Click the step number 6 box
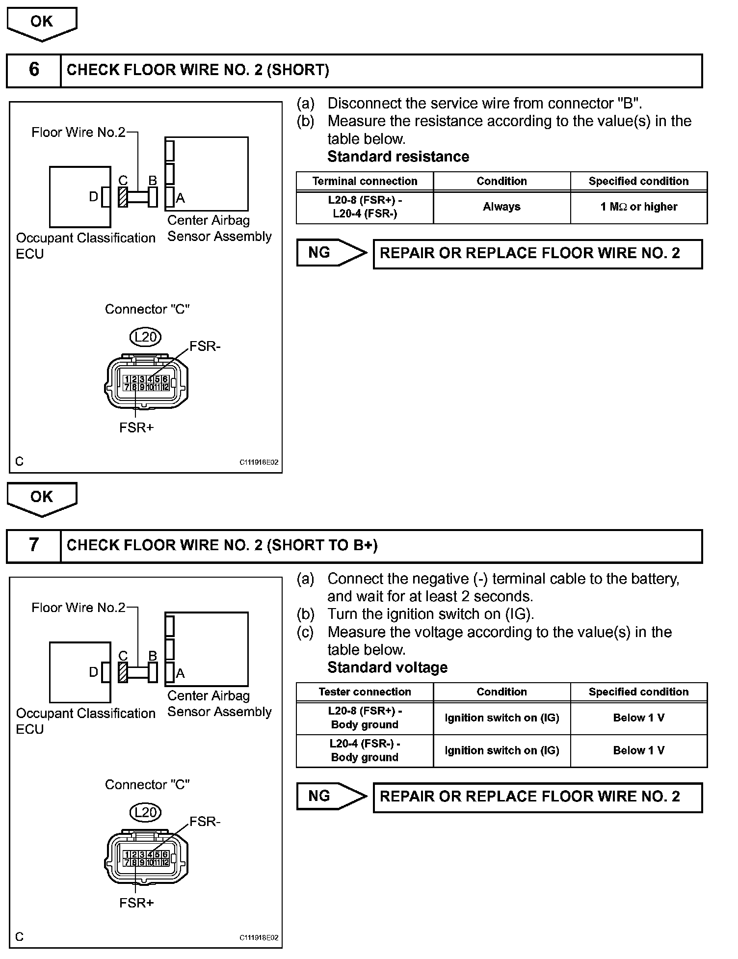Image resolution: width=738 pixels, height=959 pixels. point(33,70)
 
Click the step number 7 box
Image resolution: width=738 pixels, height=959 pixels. point(33,545)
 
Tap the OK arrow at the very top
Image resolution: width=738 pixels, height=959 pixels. point(42,22)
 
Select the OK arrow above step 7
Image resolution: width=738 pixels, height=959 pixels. point(42,497)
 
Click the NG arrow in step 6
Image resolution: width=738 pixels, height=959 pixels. point(331,253)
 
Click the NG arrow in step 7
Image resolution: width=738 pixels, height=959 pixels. point(331,796)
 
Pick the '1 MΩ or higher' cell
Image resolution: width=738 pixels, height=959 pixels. point(638,207)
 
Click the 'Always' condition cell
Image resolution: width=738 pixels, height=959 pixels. point(501,207)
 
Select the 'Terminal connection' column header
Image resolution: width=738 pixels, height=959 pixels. point(365,181)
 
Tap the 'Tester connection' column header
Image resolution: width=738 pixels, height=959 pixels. point(365,692)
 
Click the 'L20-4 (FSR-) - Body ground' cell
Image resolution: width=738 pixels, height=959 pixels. point(365,750)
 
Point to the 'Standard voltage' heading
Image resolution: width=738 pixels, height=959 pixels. point(387,667)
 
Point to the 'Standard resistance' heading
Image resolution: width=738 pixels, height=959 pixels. point(398,157)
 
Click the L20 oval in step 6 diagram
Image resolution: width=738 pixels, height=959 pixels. point(146,337)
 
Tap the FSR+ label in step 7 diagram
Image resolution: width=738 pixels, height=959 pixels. point(136,903)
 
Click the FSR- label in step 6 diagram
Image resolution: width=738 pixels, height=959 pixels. point(205,346)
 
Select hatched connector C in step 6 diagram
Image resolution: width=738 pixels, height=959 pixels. point(123,197)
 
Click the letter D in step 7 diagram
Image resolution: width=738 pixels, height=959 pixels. point(93,672)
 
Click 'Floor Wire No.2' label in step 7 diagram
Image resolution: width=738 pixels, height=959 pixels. point(79,608)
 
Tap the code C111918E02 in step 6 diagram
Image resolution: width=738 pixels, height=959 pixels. point(259,462)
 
